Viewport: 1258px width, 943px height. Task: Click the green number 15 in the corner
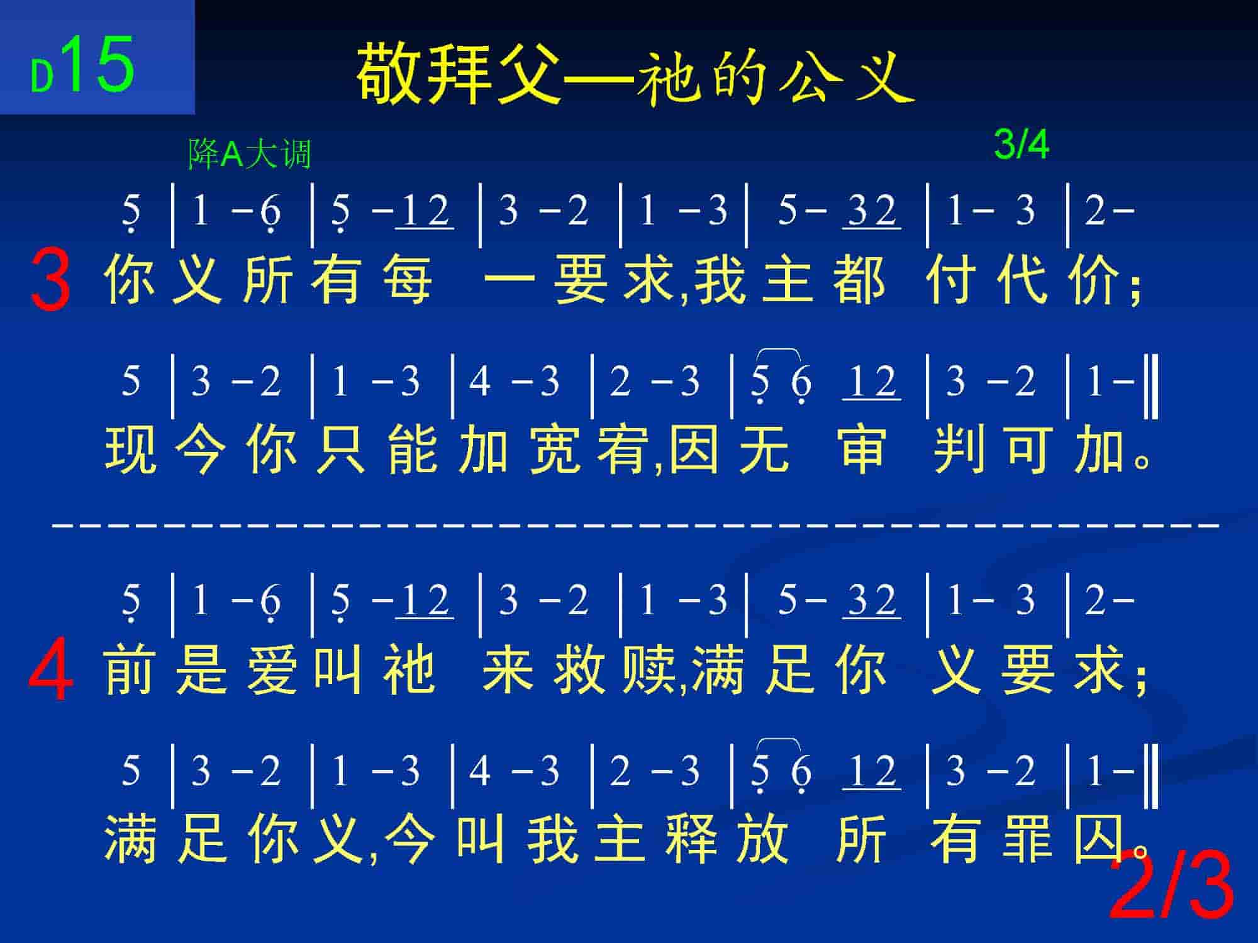click(x=99, y=63)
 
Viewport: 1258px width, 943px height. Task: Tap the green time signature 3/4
click(x=1021, y=145)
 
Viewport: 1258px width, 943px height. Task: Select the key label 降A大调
click(x=250, y=154)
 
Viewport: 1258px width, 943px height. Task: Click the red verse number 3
click(x=50, y=278)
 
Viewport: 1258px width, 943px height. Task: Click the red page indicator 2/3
click(x=1171, y=885)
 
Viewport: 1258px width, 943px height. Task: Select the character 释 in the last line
click(x=692, y=838)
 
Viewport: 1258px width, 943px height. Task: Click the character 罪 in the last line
click(x=1028, y=838)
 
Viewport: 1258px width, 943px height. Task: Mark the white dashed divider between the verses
click(x=636, y=523)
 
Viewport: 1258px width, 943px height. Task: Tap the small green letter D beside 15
click(x=42, y=77)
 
